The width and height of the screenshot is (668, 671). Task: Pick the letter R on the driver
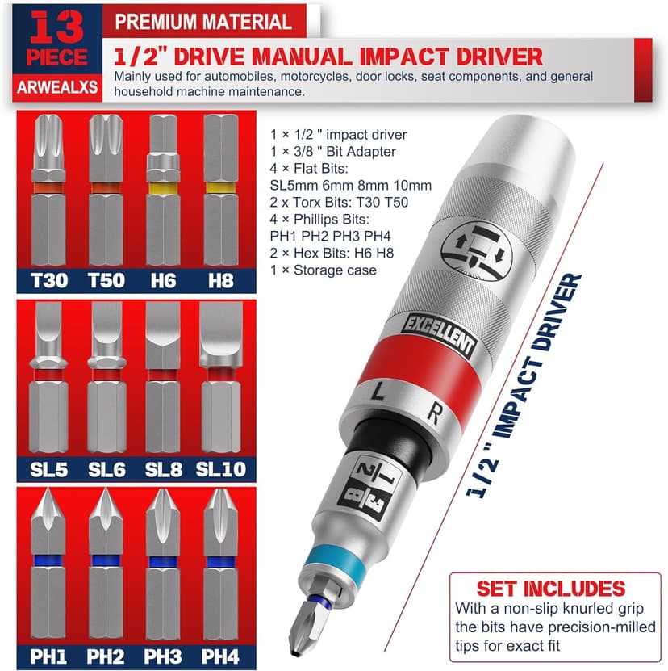[x=434, y=416]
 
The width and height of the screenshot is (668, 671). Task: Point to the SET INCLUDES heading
[x=550, y=588]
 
